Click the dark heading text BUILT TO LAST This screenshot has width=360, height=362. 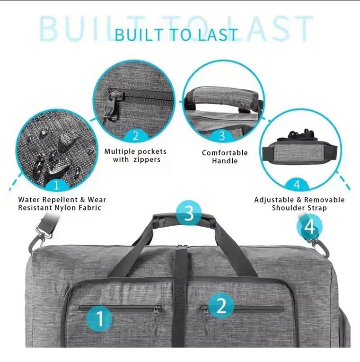pos(176,35)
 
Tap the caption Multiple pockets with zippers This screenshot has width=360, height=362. pos(135,156)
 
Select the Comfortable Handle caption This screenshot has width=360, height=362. pos(225,157)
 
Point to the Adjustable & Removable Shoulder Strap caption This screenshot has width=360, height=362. pos(299,204)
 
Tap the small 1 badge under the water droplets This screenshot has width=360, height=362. pos(58,184)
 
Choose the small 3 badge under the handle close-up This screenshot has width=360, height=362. pos(221,136)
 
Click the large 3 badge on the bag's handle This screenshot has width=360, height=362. pos(189,213)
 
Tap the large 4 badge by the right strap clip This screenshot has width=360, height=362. pos(309,228)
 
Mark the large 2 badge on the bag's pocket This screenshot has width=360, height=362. pos(220,306)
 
